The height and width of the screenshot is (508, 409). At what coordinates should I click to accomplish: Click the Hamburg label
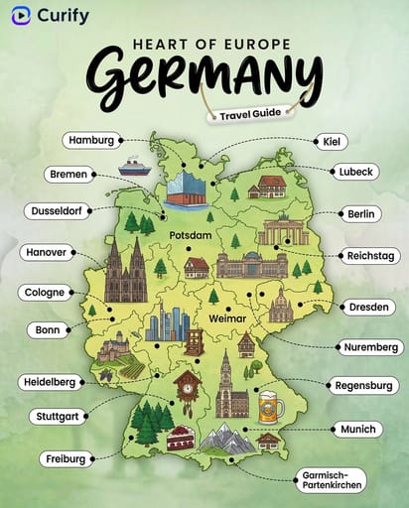92,140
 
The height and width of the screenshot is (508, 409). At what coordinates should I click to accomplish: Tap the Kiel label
330,142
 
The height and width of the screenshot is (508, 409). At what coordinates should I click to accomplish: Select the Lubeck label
354,172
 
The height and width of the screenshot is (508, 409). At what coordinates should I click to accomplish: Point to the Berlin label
357,213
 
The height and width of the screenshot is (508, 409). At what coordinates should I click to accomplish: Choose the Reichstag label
372,255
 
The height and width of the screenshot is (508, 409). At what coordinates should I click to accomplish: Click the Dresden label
369,307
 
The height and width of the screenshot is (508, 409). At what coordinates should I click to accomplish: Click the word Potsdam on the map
191,235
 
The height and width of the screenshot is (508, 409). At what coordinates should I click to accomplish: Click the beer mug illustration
268,406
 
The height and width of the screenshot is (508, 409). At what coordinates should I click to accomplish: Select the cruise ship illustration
134,167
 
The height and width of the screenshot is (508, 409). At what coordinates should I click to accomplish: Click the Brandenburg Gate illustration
282,230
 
